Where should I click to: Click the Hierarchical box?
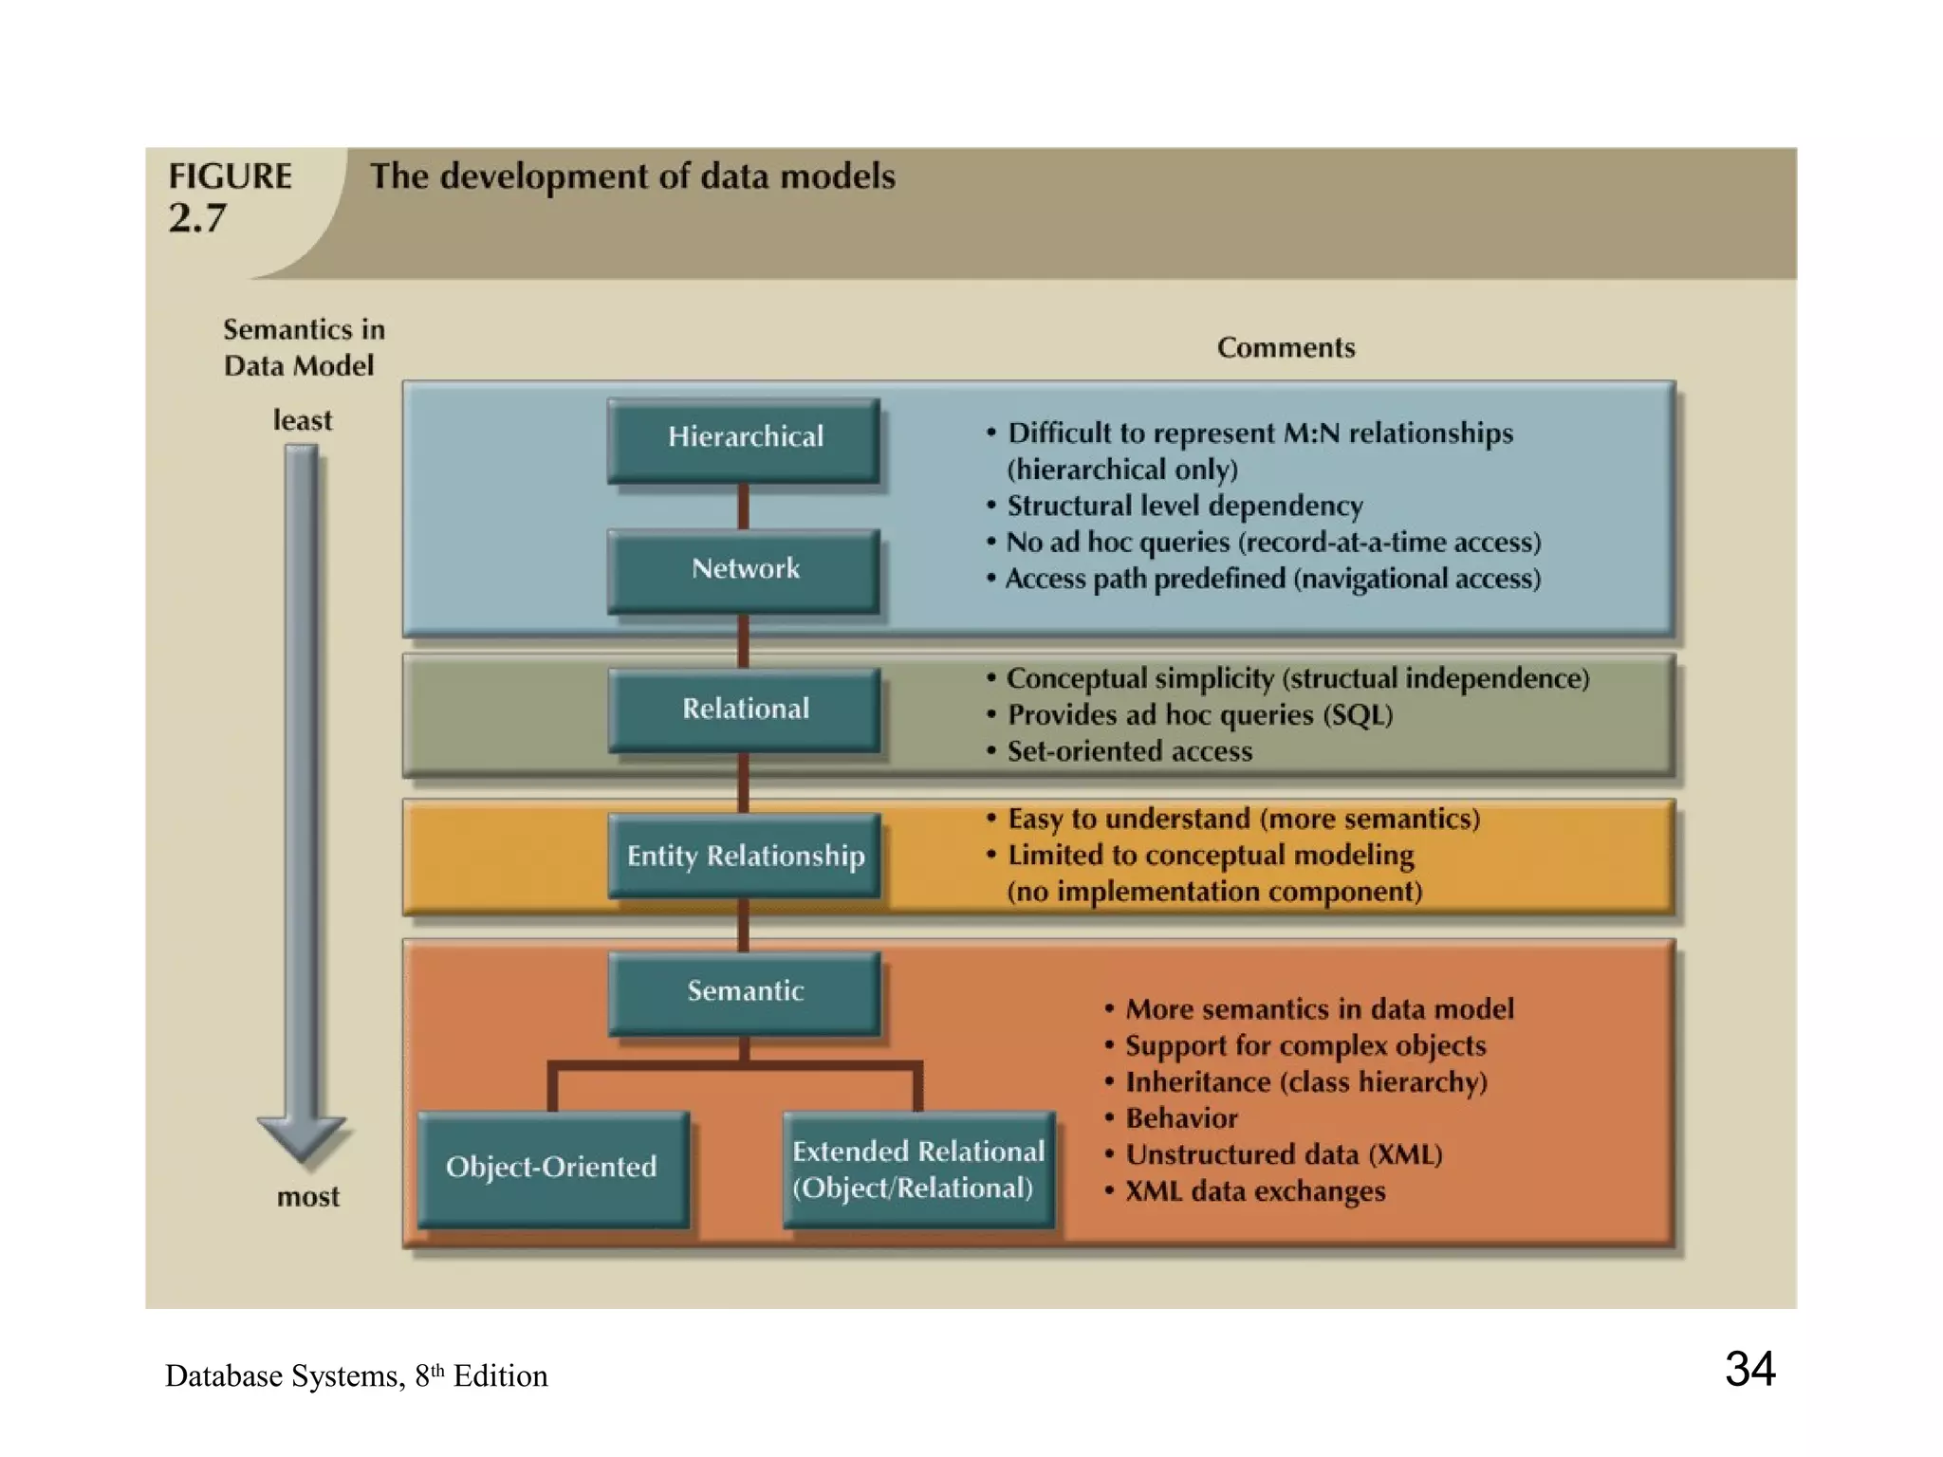(x=744, y=439)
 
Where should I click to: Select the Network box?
(x=744, y=570)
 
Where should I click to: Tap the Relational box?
(x=744, y=710)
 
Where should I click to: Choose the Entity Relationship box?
(x=744, y=856)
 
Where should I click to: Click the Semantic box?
(x=744, y=992)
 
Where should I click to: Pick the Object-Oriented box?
(x=552, y=1168)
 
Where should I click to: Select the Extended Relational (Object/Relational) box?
(x=917, y=1170)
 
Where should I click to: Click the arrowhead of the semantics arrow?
(x=302, y=1139)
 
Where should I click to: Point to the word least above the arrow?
(x=303, y=420)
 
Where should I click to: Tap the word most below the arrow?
(x=307, y=1197)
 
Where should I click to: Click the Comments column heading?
(x=1286, y=348)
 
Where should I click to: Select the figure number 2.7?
(x=197, y=219)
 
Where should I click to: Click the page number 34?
(x=1749, y=1369)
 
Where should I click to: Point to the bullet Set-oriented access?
(x=1129, y=751)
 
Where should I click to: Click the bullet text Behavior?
(x=1181, y=1118)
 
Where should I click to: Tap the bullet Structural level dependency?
(x=1184, y=506)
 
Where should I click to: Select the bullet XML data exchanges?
(x=1254, y=1191)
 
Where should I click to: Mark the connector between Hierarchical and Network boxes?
(x=743, y=506)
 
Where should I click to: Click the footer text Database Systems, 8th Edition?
(x=356, y=1376)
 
